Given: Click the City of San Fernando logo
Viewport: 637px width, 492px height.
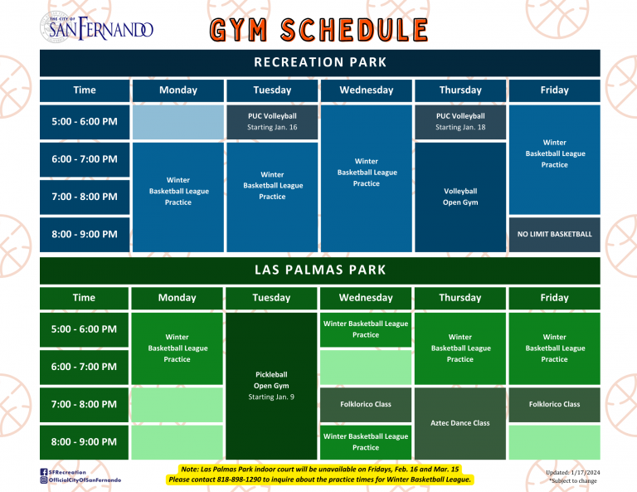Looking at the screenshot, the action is [x=97, y=27].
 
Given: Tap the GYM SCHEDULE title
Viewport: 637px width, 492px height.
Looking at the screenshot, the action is [x=318, y=30].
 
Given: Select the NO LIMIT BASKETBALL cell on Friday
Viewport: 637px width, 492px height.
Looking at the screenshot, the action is [x=555, y=235].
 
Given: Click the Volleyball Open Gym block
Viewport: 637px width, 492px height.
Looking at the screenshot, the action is [x=460, y=197].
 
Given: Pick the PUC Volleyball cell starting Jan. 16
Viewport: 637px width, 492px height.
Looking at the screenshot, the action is [x=272, y=122].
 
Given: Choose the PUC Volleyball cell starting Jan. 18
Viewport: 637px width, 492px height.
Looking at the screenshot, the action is [x=460, y=122].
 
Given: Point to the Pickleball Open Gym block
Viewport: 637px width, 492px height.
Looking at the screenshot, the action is [x=271, y=386].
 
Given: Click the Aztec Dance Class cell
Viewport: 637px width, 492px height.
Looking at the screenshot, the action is [x=460, y=423].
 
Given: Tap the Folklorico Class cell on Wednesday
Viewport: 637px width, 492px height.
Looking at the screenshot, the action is [x=366, y=405].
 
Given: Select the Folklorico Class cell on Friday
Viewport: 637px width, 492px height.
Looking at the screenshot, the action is [x=555, y=405].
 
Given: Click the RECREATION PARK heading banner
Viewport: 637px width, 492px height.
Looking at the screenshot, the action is [x=320, y=62].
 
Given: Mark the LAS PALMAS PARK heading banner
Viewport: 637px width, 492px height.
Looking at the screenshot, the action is [x=320, y=270].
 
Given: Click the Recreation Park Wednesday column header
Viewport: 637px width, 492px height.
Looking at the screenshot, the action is [x=367, y=90].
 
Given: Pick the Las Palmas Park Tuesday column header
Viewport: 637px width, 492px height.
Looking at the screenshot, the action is [x=271, y=298].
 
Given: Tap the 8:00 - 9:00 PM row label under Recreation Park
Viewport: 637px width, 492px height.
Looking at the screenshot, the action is [x=85, y=235].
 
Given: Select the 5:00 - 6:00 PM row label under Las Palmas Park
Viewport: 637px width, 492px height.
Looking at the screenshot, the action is [x=84, y=329].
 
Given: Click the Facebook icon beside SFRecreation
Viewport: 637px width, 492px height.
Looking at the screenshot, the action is [x=44, y=472].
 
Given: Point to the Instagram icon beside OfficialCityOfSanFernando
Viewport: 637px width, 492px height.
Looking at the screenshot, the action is [x=44, y=480].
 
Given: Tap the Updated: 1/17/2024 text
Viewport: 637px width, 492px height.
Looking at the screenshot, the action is [x=573, y=472].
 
